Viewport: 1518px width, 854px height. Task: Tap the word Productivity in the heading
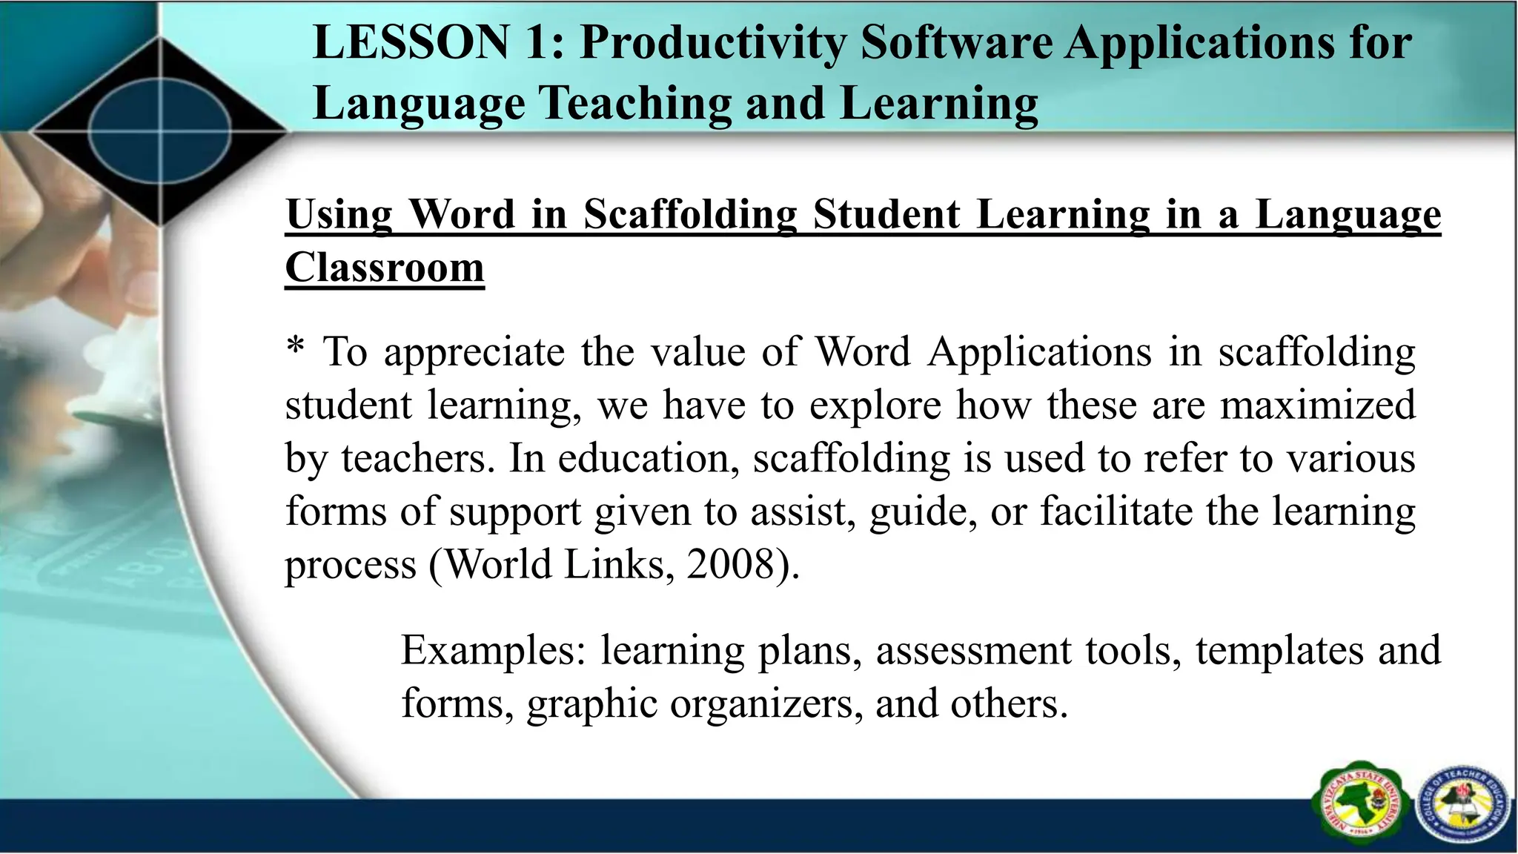tap(712, 44)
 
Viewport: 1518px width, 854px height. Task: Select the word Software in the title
tap(956, 42)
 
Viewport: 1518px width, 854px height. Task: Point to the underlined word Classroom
tap(385, 268)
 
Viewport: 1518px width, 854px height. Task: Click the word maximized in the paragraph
tap(1317, 406)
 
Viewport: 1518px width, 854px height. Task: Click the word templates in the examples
tap(1279, 651)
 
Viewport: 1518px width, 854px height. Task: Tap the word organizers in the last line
tap(766, 704)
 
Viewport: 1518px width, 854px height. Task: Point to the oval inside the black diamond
tap(159, 132)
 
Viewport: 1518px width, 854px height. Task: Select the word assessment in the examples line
tap(974, 651)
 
